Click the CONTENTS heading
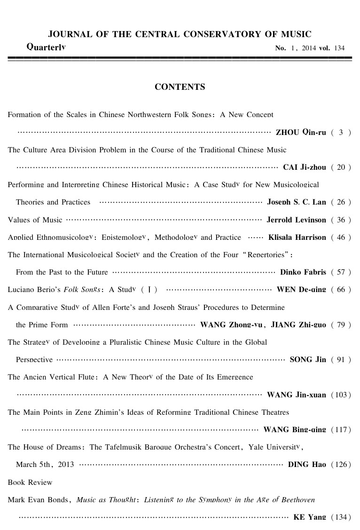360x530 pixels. click(x=180, y=87)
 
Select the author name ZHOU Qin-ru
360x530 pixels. click(x=301, y=132)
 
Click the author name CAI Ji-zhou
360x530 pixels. click(x=305, y=167)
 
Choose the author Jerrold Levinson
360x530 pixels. click(x=296, y=220)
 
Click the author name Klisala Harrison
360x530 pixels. click(x=297, y=237)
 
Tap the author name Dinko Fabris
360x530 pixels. click(x=303, y=272)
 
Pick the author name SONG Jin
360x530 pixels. click(x=308, y=360)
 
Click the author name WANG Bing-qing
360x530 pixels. click(x=295, y=430)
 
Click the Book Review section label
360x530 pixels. click(x=30, y=483)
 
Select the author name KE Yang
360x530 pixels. click(x=310, y=517)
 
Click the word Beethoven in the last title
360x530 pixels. click(x=299, y=500)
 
